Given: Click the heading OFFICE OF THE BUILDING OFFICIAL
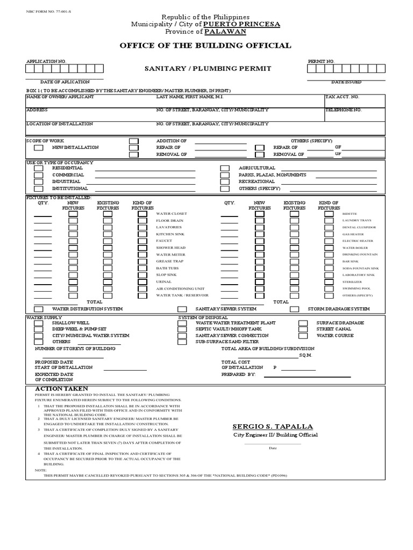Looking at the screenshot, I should [x=206, y=46].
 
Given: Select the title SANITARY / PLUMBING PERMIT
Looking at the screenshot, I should [x=207, y=69].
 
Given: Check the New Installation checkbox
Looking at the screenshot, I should [x=39, y=147].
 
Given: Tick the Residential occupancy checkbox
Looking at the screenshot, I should [x=39, y=168].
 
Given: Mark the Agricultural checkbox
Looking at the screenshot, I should [x=225, y=168].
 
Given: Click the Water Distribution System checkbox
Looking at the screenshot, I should [x=39, y=309].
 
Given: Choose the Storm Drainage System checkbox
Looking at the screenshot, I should [x=295, y=309].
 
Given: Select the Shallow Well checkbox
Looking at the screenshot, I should [x=39, y=323].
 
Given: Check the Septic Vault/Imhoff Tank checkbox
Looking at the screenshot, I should [x=182, y=329].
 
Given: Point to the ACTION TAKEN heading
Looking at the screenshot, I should [x=62, y=389].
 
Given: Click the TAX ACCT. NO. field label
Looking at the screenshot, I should [x=342, y=97].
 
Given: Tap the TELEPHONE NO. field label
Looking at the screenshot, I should [x=344, y=110].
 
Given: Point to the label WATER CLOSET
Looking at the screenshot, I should [x=172, y=214].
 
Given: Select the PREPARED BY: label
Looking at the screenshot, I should [x=238, y=374].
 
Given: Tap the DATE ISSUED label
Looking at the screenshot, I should [x=346, y=82].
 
